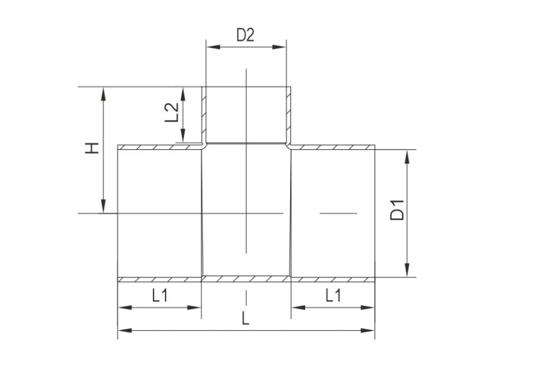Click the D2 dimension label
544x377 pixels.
[245, 35]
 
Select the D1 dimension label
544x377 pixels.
[397, 210]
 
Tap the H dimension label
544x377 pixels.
[92, 148]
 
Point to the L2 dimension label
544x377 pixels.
[171, 112]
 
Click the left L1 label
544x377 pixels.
[160, 296]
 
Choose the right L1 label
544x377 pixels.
[333, 296]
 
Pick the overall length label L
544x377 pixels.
[245, 318]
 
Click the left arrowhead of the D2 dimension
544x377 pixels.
[213, 47]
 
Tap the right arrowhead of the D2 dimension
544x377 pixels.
[279, 47]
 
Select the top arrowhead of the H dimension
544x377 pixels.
[103, 93]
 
